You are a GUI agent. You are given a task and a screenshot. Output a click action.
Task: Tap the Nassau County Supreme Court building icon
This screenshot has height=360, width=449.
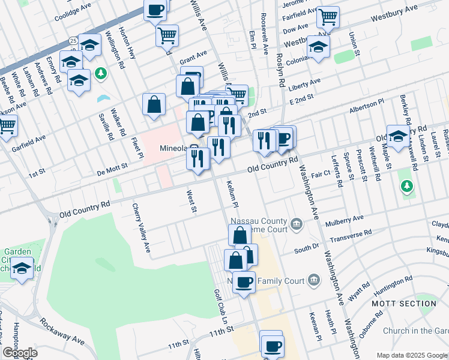click(x=297, y=225)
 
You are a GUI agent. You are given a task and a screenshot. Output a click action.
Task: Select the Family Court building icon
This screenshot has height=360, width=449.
click(x=313, y=280)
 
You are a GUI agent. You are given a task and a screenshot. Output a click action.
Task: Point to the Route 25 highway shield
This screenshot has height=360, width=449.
click(x=73, y=41)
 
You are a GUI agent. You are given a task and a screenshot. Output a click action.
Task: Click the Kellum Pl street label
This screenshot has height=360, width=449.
click(x=231, y=193)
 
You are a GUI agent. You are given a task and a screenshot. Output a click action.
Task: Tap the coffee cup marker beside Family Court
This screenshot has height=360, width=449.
click(x=243, y=281)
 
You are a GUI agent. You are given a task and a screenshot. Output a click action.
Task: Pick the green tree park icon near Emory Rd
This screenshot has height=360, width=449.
click(x=101, y=73)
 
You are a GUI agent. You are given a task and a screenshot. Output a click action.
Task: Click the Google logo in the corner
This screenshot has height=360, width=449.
click(x=20, y=353)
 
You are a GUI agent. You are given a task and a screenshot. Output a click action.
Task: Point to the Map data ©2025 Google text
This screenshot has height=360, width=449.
click(x=412, y=355)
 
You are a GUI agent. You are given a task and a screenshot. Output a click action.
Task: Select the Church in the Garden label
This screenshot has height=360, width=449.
click(x=415, y=331)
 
